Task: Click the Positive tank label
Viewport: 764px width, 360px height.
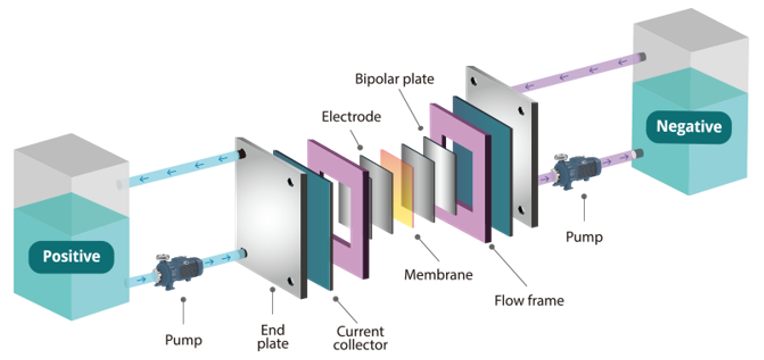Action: pos(72,256)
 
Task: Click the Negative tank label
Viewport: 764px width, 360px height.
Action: pos(688,127)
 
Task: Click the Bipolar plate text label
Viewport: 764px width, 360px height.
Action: pos(394,78)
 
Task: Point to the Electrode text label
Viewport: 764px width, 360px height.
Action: pos(351,116)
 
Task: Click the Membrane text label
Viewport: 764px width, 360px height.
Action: pos(438,275)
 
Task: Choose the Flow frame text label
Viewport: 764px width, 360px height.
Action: pos(529,301)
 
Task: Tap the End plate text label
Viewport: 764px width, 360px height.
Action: pos(272,337)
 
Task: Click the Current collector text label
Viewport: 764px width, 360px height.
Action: pos(362,338)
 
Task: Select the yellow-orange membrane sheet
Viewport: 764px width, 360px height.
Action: pos(397,188)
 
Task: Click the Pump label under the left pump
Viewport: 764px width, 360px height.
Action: pos(183,340)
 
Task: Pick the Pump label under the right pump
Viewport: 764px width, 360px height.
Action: pos(584,237)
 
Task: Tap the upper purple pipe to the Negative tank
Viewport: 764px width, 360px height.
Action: pos(578,73)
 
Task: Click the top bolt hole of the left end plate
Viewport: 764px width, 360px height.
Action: pos(291,182)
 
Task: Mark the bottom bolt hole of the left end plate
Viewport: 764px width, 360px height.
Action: pos(291,282)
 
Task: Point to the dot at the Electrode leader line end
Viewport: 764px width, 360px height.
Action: pos(360,147)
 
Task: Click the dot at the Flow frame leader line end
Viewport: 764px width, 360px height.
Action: pos(492,247)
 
